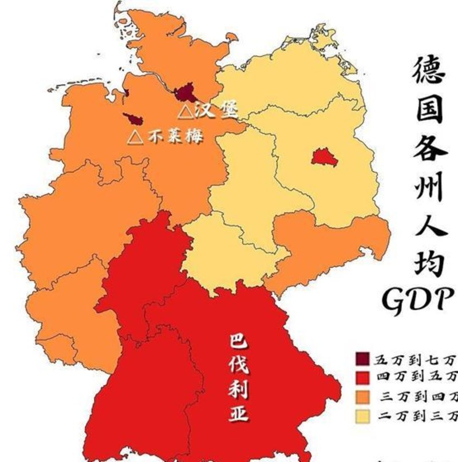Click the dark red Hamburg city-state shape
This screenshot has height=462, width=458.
pyautogui.click(x=184, y=92)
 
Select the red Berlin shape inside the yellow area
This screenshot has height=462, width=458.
pyautogui.click(x=321, y=156)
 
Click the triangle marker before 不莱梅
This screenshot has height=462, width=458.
pyautogui.click(x=135, y=137)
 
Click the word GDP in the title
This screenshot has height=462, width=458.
pyautogui.click(x=417, y=299)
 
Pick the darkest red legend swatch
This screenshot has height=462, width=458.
pyautogui.click(x=362, y=359)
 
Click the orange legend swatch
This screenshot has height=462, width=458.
pyautogui.click(x=362, y=396)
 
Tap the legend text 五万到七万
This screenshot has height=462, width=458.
pyautogui.click(x=416, y=360)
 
